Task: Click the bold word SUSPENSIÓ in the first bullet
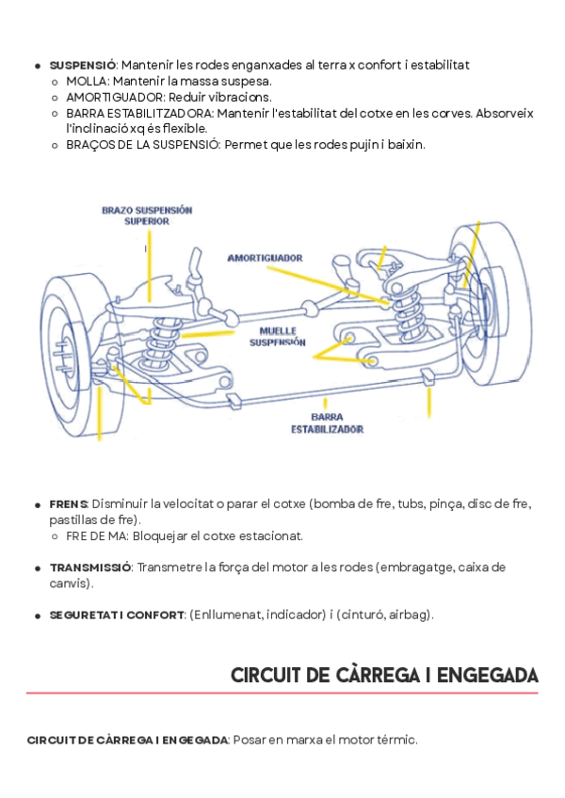click(x=82, y=65)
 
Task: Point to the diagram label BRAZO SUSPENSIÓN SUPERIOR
click(x=147, y=215)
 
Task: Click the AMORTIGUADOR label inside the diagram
click(x=265, y=257)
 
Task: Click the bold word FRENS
click(x=69, y=504)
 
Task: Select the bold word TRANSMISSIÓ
click(x=90, y=567)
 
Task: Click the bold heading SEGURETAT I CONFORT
click(x=117, y=615)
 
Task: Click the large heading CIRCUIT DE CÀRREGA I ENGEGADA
click(x=384, y=676)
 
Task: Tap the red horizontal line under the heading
click(x=282, y=694)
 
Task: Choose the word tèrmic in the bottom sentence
click(x=397, y=741)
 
